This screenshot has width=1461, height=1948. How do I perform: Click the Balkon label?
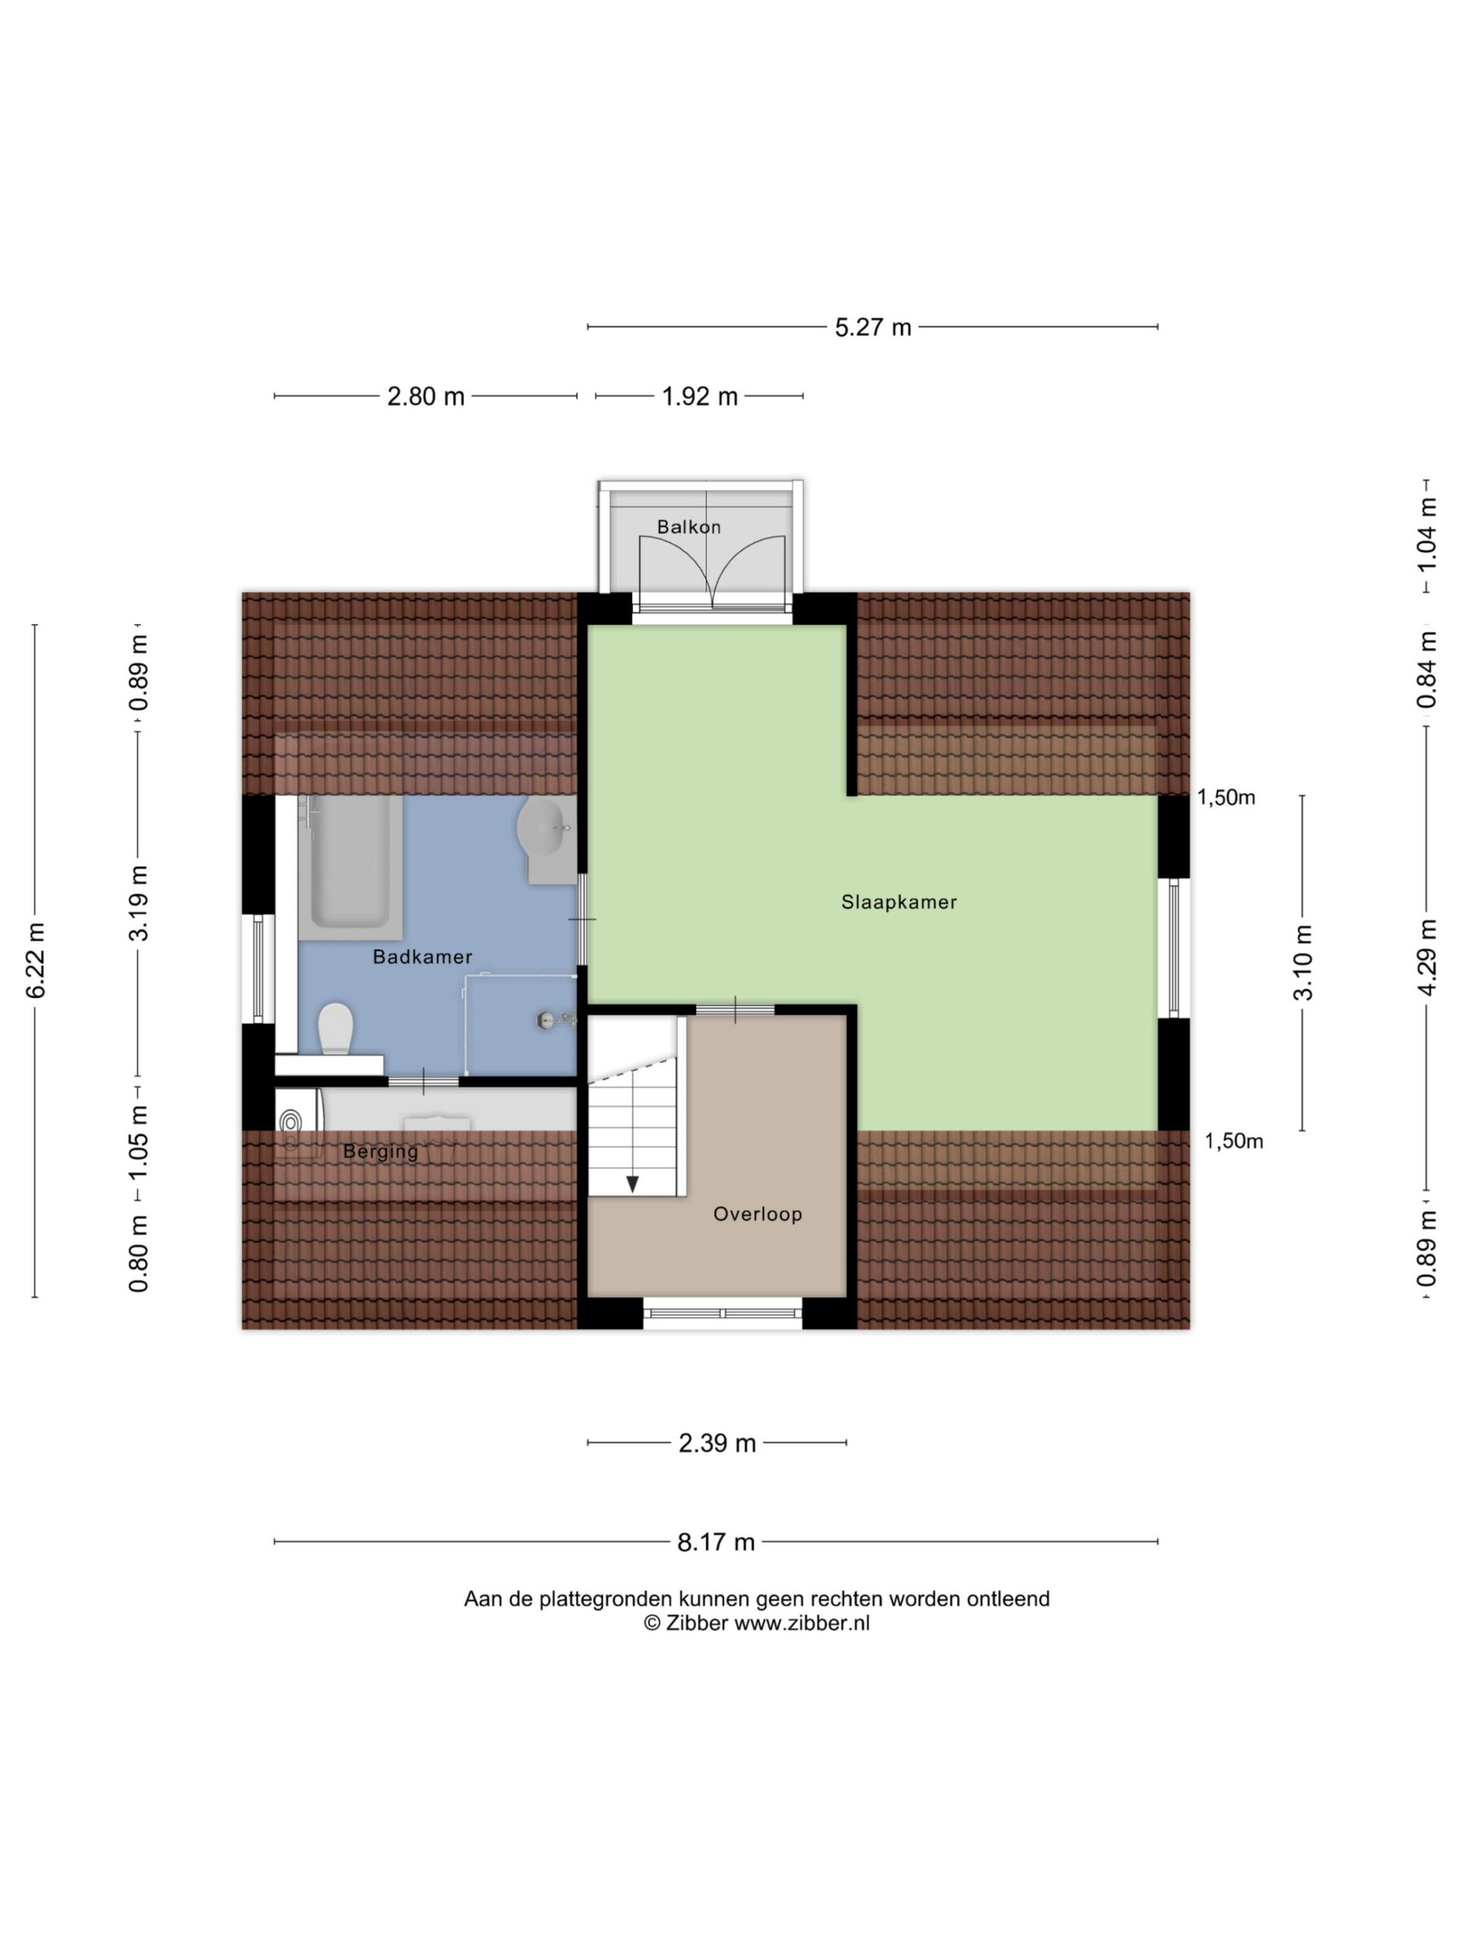(x=689, y=527)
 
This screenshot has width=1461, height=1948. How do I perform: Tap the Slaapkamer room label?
(x=898, y=902)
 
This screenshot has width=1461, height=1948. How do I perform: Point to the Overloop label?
(x=757, y=1214)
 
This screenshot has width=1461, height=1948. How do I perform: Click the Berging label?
(x=380, y=1152)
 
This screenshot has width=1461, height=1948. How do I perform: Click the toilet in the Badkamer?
(x=335, y=1029)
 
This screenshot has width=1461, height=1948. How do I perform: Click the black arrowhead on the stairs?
(x=632, y=1183)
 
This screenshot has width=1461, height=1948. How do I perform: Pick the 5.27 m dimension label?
(x=873, y=328)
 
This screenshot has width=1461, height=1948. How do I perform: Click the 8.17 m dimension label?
(x=716, y=1542)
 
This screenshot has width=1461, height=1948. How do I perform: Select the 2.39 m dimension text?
(x=717, y=1443)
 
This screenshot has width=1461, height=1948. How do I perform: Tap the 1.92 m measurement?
(x=699, y=396)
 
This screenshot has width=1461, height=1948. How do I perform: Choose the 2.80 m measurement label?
(x=425, y=396)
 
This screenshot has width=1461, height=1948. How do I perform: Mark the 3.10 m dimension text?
(x=1303, y=963)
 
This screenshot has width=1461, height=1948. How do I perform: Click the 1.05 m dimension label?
(x=138, y=1143)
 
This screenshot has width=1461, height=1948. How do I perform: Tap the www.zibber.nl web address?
(x=801, y=1623)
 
